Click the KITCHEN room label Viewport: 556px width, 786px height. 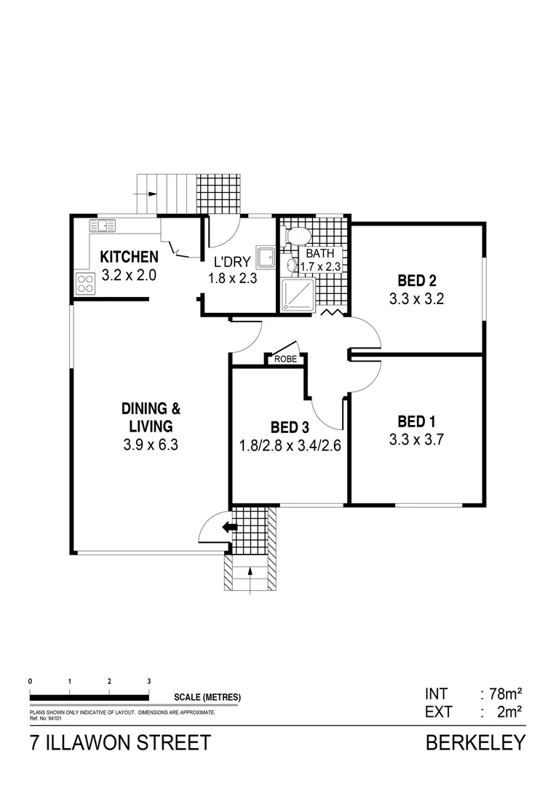(129, 256)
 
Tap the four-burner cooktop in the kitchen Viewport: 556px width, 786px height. (84, 283)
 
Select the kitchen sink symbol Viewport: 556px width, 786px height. (103, 225)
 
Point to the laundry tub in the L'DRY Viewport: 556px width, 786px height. (267, 255)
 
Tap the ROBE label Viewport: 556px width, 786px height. (285, 359)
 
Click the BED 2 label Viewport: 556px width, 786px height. (416, 280)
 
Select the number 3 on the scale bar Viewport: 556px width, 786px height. (148, 681)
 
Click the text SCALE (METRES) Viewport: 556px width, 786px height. (207, 697)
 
